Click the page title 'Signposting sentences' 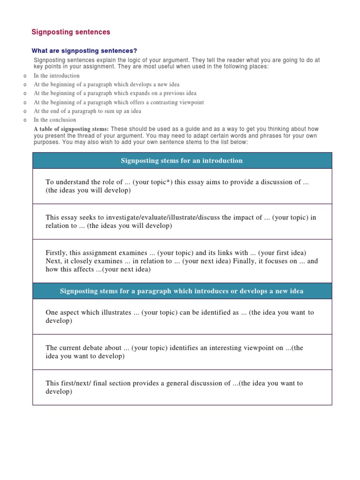tap(71, 32)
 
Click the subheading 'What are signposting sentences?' tap(84, 51)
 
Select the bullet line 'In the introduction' tap(57, 75)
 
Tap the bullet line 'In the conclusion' tap(55, 120)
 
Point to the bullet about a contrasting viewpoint tap(119, 102)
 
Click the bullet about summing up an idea tap(87, 111)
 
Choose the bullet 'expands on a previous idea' tap(115, 93)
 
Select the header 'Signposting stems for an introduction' tap(182, 161)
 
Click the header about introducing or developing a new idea tap(182, 291)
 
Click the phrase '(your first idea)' tap(281, 253)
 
